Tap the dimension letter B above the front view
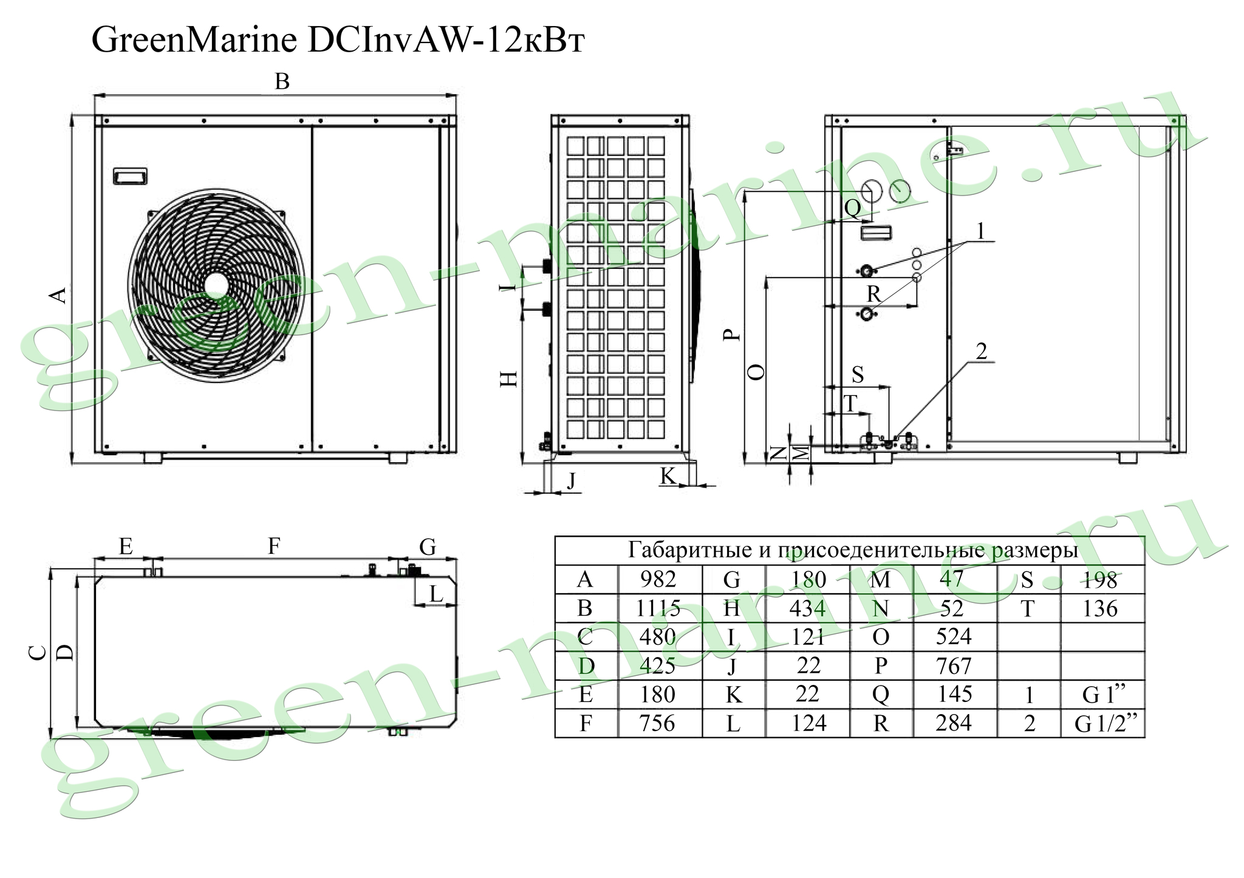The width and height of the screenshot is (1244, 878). (x=282, y=81)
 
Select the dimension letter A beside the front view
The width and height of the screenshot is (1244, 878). (x=58, y=295)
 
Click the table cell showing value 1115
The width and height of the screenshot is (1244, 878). (x=658, y=608)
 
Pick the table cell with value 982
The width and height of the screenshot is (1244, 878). (x=658, y=580)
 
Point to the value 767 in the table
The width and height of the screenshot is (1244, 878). (x=954, y=666)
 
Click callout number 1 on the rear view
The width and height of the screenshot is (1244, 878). (x=980, y=231)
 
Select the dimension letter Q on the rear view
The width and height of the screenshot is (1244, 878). (x=852, y=209)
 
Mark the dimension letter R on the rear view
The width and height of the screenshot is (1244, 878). (x=873, y=294)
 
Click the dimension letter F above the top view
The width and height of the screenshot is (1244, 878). (x=275, y=546)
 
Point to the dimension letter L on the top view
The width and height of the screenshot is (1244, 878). (x=436, y=594)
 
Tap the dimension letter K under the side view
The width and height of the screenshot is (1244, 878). (x=668, y=477)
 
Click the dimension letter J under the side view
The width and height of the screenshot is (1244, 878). (x=571, y=482)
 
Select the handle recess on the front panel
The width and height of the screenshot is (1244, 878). (x=130, y=176)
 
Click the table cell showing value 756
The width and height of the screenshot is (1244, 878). (x=658, y=723)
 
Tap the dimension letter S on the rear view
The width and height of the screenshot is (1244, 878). (x=858, y=375)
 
